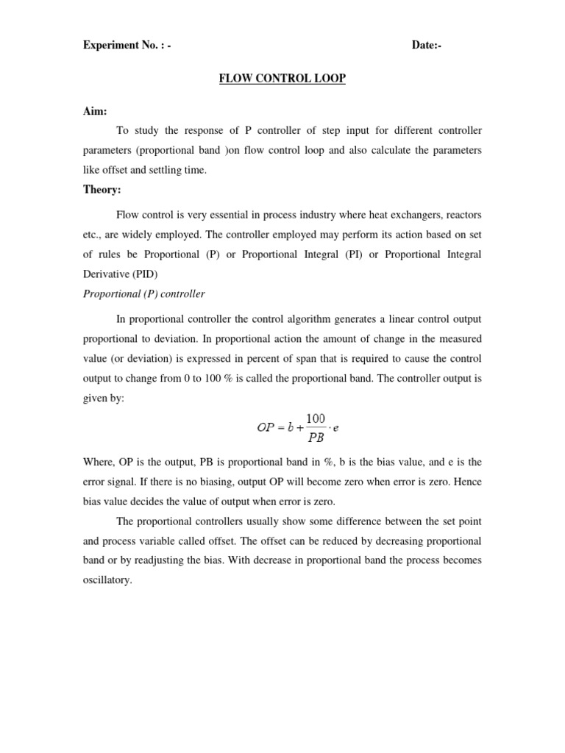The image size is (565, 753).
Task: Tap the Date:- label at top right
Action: (x=427, y=46)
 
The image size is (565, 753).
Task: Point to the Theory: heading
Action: (x=102, y=190)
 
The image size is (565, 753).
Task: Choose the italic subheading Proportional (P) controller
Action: (x=143, y=294)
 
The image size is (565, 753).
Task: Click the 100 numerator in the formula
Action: (x=316, y=418)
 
